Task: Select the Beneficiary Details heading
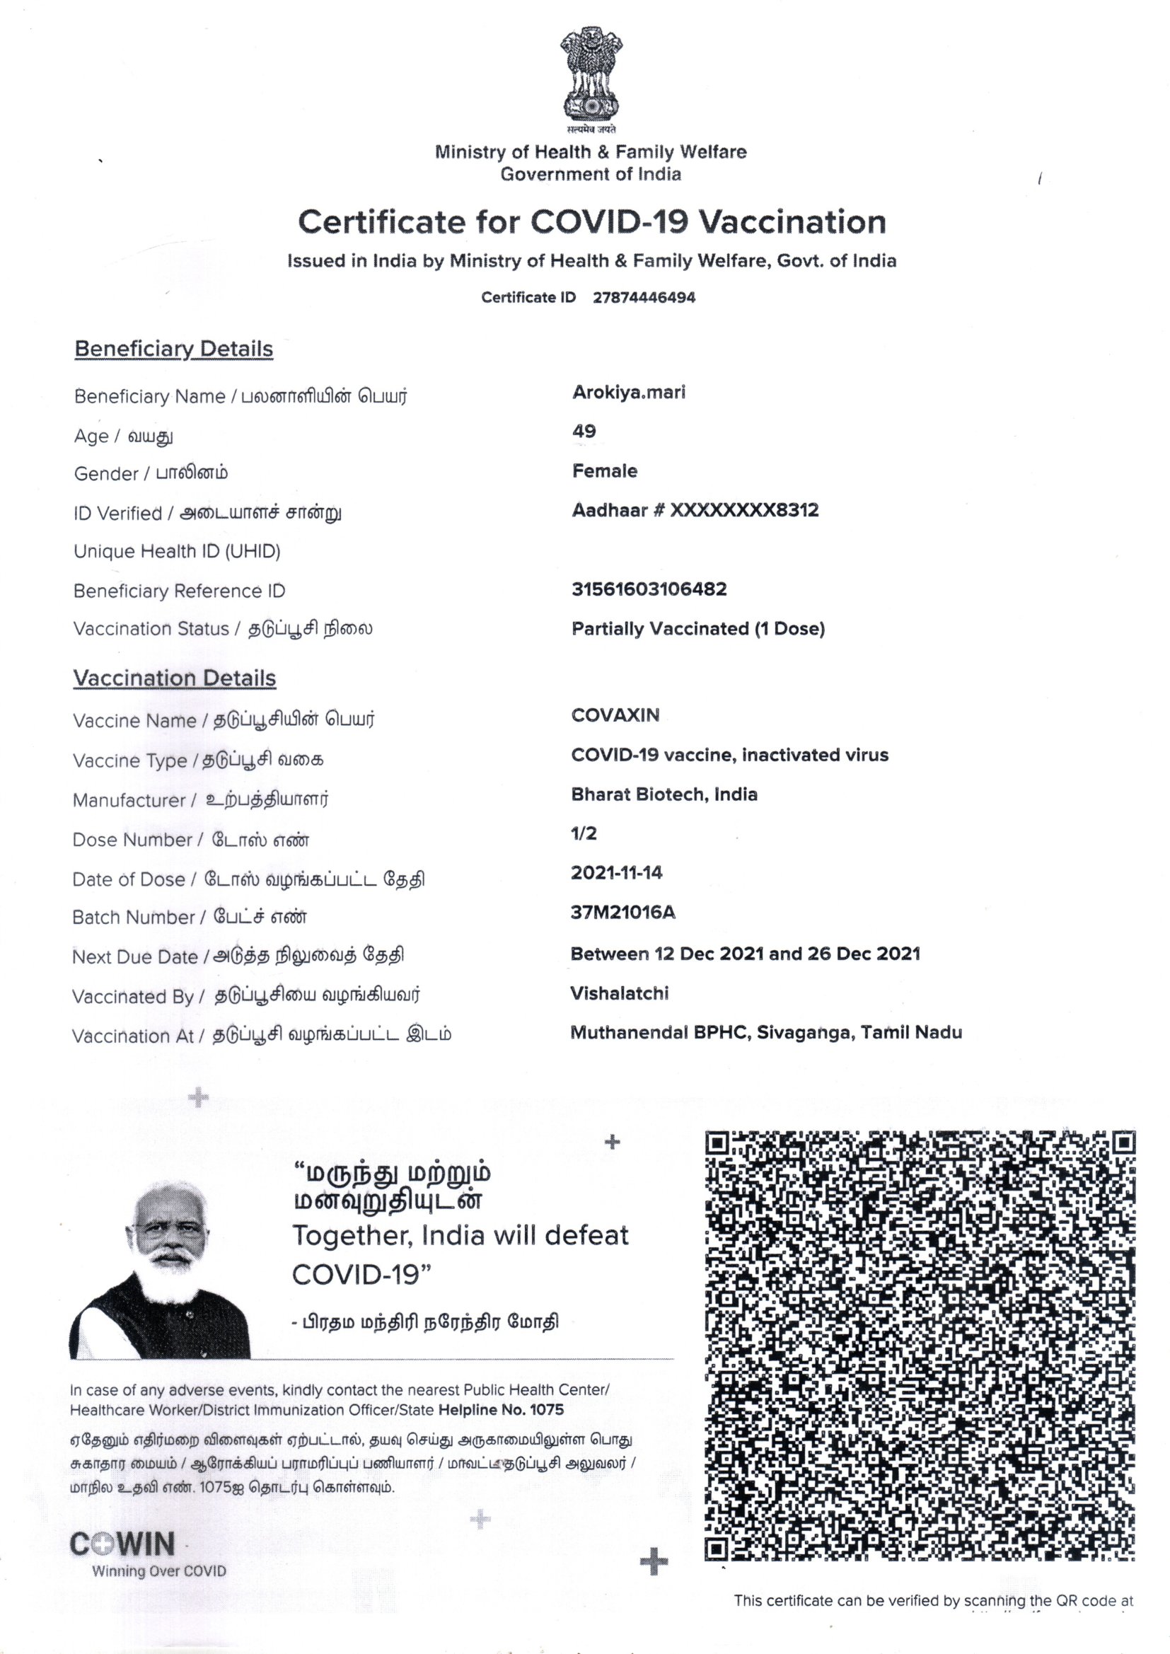point(173,349)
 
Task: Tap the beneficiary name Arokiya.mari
point(628,393)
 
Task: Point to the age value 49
point(584,431)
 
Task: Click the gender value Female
point(604,471)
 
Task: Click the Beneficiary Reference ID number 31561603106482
point(649,589)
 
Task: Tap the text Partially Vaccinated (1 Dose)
point(697,628)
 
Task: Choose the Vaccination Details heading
point(174,678)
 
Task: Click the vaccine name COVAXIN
point(615,715)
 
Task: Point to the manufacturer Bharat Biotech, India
point(664,794)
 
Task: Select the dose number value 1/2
point(584,833)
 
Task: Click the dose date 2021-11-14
point(616,872)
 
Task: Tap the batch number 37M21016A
point(622,912)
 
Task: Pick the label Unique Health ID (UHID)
point(177,551)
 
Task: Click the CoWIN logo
point(122,1544)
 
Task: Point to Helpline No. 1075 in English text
point(501,1410)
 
